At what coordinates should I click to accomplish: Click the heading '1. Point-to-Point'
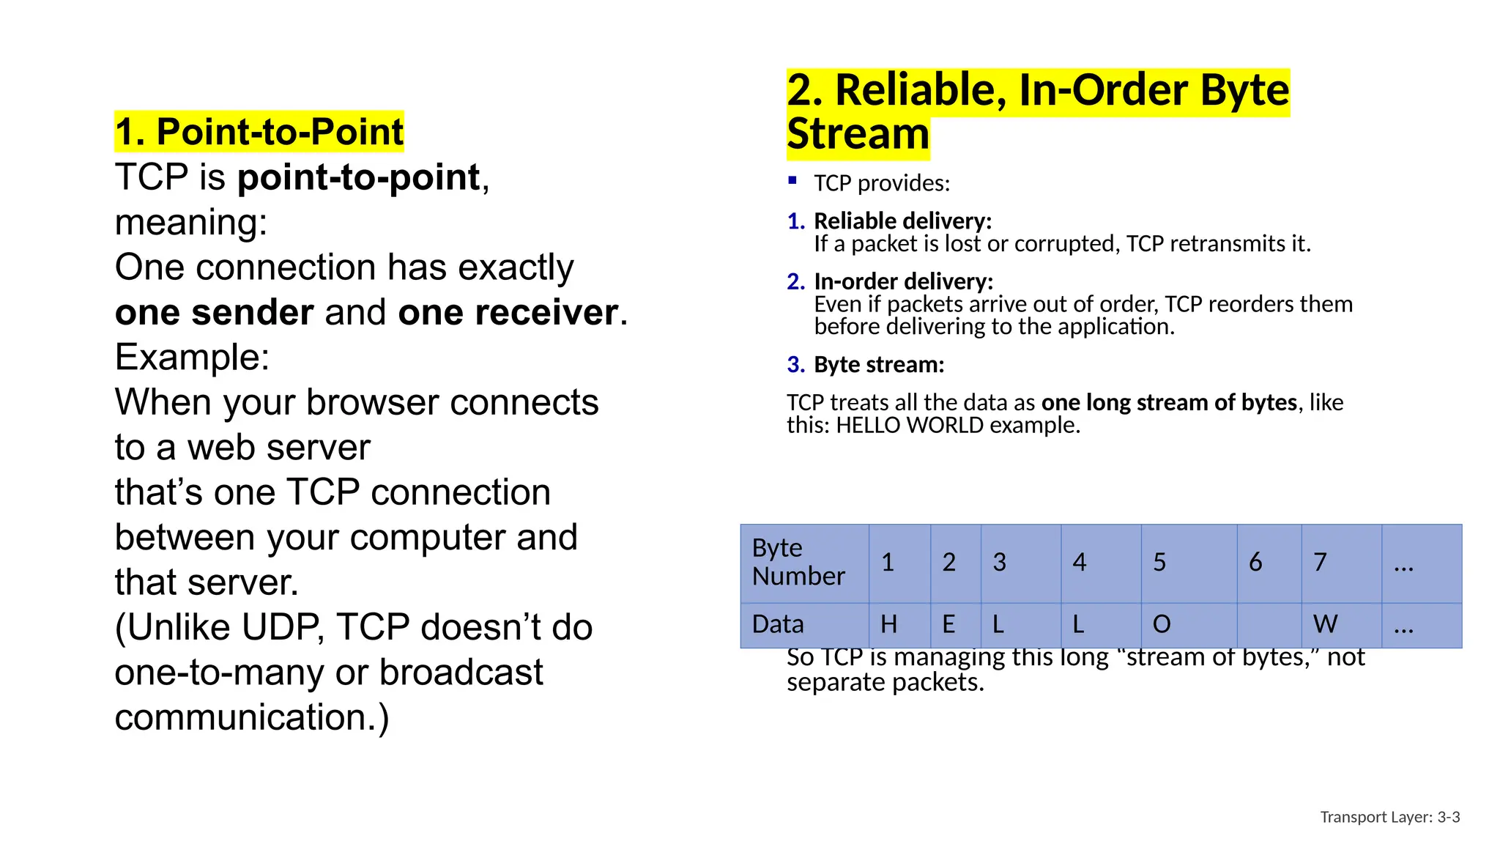coord(259,132)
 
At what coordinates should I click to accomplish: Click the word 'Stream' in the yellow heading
coord(858,134)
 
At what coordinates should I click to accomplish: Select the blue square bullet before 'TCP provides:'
coord(792,180)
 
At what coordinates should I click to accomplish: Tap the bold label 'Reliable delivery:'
coord(902,221)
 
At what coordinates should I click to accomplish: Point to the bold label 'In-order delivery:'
coord(903,281)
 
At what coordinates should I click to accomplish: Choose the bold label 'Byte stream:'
coord(879,364)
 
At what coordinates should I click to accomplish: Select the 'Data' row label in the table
coord(778,624)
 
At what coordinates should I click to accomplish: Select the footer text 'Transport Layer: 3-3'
coord(1389,817)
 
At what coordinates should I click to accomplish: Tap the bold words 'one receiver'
coord(508,313)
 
